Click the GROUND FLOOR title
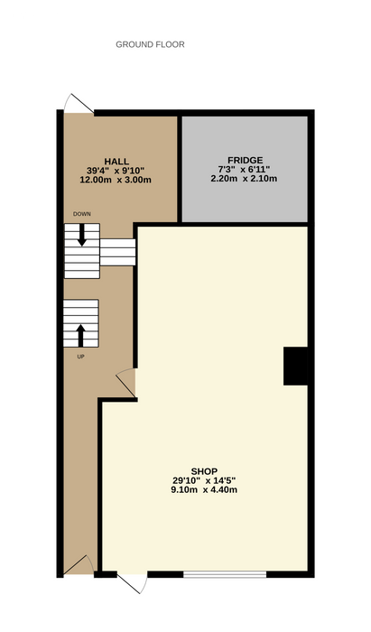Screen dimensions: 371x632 (x=150, y=44)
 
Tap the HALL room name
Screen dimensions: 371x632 (x=116, y=162)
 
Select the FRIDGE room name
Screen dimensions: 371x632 (x=245, y=161)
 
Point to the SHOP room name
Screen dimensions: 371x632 (x=204, y=471)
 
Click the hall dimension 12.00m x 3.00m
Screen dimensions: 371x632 (x=116, y=180)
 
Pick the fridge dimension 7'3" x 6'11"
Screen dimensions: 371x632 (x=245, y=170)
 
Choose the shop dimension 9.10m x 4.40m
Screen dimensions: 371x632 (x=204, y=490)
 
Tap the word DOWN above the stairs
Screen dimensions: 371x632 (x=82, y=214)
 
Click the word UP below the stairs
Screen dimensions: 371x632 (x=80, y=357)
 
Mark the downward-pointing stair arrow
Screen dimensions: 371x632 (x=82, y=235)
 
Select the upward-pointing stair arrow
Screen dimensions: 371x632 (x=80, y=336)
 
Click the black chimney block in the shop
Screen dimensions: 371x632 (x=296, y=366)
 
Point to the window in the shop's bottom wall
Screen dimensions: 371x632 (x=225, y=574)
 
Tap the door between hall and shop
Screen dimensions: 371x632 (x=126, y=383)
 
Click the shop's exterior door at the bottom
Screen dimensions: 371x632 (x=132, y=582)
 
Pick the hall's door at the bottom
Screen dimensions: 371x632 (x=79, y=564)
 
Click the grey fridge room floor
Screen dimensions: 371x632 (x=245, y=170)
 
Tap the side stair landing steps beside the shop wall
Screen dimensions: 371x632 (x=117, y=252)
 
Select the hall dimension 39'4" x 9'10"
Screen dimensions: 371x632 (x=116, y=171)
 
